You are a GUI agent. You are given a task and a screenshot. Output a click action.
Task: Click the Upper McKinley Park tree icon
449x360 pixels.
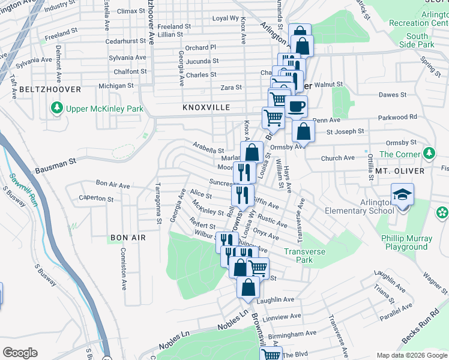(x=57, y=109)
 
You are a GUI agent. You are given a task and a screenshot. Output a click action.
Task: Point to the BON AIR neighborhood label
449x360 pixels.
(x=128, y=238)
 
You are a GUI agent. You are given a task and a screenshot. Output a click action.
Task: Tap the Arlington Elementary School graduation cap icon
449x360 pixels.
(x=402, y=196)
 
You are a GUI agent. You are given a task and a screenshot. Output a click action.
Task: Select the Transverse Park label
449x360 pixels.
(x=307, y=256)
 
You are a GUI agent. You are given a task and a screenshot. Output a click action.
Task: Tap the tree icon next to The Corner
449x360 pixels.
(x=429, y=154)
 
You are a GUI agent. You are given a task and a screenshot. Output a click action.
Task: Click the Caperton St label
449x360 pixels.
(x=96, y=198)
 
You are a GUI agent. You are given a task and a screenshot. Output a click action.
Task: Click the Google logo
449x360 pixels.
(x=20, y=352)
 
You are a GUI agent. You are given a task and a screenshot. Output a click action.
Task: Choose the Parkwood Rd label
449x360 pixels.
(x=397, y=117)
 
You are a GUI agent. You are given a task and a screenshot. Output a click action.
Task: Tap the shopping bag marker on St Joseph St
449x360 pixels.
(x=304, y=132)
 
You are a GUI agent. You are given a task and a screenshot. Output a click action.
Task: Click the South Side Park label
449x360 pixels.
(x=417, y=40)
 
